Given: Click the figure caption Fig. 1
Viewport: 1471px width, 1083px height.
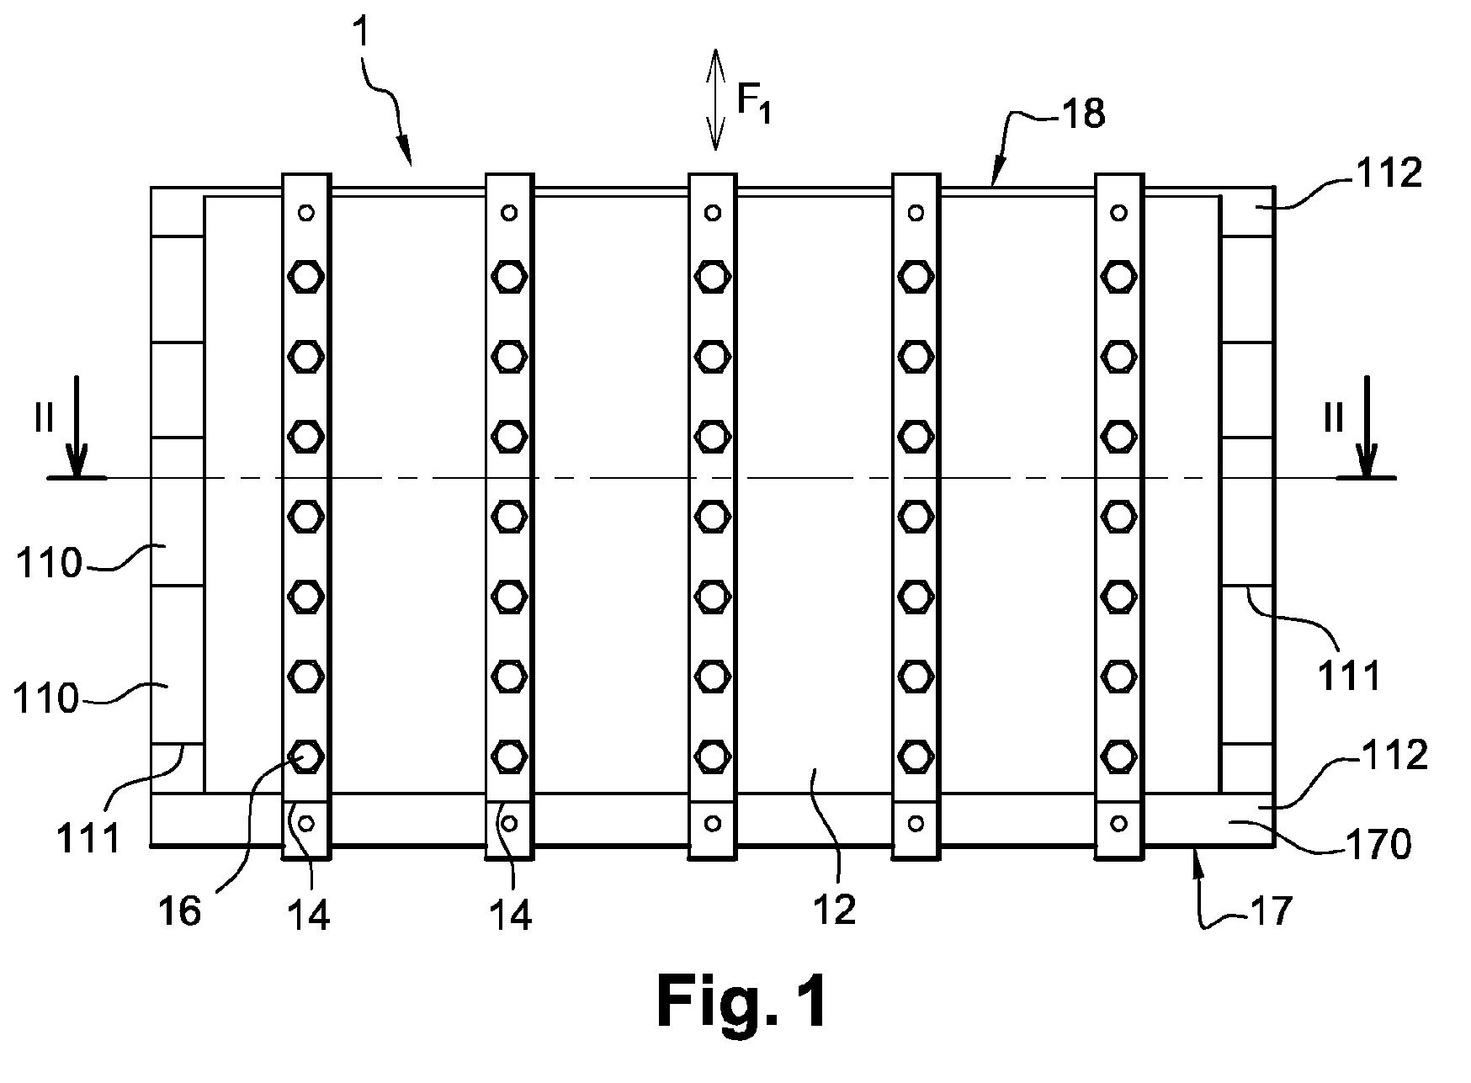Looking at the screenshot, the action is pyautogui.click(x=741, y=1002).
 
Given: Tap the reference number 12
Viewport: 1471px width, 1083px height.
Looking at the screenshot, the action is pyautogui.click(x=835, y=909).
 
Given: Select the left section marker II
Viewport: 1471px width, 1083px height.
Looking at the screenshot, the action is pyautogui.click(x=44, y=419).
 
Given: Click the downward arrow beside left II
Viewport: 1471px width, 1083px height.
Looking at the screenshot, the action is pyautogui.click(x=77, y=427).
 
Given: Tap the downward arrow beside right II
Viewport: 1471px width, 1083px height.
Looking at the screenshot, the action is pyautogui.click(x=1367, y=427).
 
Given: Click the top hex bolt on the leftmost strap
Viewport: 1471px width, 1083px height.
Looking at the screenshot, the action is pyautogui.click(x=306, y=276).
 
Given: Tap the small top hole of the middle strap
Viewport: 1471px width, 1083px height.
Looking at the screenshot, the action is pyautogui.click(x=713, y=212).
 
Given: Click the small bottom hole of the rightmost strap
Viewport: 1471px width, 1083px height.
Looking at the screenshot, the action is pyautogui.click(x=1118, y=822).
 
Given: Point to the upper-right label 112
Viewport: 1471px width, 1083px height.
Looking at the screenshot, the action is pyautogui.click(x=1389, y=173).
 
